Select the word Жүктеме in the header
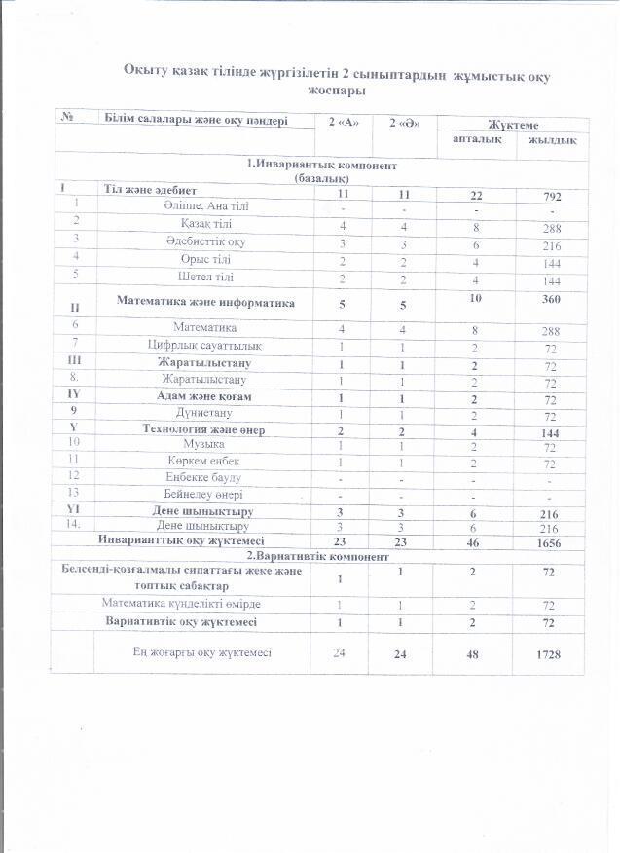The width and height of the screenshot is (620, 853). (x=513, y=126)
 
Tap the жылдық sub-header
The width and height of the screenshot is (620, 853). (x=552, y=141)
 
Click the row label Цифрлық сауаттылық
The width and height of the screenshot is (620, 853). (x=203, y=345)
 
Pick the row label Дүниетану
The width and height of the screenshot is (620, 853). (x=203, y=412)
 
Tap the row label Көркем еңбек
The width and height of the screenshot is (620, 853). (x=203, y=460)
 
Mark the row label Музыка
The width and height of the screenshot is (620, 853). (x=203, y=443)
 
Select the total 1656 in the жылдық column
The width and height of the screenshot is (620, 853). (x=553, y=541)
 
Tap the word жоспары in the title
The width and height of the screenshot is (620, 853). (x=336, y=90)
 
